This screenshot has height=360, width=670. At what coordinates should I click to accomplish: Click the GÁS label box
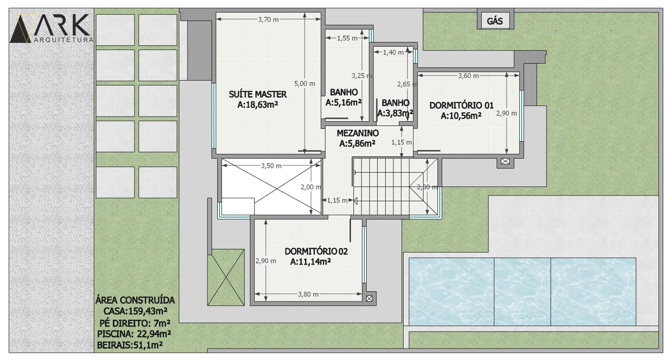pyautogui.click(x=495, y=21)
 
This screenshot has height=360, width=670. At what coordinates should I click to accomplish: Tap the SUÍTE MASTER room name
pyautogui.click(x=258, y=95)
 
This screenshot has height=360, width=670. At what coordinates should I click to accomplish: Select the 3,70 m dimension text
pyautogui.click(x=268, y=20)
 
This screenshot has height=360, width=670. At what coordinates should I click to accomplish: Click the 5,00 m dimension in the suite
pyautogui.click(x=305, y=84)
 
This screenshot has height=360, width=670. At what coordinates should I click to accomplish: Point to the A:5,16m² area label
pyautogui.click(x=343, y=103)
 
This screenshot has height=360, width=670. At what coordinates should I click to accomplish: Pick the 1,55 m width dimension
pyautogui.click(x=347, y=38)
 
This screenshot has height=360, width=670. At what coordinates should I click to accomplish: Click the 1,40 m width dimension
pyautogui.click(x=393, y=53)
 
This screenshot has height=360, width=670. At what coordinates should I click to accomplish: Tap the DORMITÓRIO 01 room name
pyautogui.click(x=461, y=105)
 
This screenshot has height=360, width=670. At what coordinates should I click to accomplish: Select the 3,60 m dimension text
pyautogui.click(x=468, y=76)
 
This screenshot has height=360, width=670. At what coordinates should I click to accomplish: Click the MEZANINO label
pyautogui.click(x=358, y=133)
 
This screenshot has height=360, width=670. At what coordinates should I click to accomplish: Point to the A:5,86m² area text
pyautogui.click(x=357, y=144)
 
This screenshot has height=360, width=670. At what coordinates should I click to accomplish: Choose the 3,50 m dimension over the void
pyautogui.click(x=271, y=166)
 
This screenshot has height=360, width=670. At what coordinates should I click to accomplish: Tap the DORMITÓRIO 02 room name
pyautogui.click(x=316, y=251)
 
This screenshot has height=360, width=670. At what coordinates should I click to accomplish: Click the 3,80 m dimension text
pyautogui.click(x=308, y=295)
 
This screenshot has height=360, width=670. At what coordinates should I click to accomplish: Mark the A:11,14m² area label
pyautogui.click(x=311, y=262)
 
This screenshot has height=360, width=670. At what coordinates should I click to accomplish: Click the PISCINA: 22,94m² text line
pyautogui.click(x=134, y=334)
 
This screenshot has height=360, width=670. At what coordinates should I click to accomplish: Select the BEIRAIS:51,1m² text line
pyautogui.click(x=130, y=345)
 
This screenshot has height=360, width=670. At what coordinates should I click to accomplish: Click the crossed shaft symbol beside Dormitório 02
pyautogui.click(x=369, y=299)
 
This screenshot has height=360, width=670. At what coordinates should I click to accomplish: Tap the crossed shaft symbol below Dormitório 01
pyautogui.click(x=505, y=162)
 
